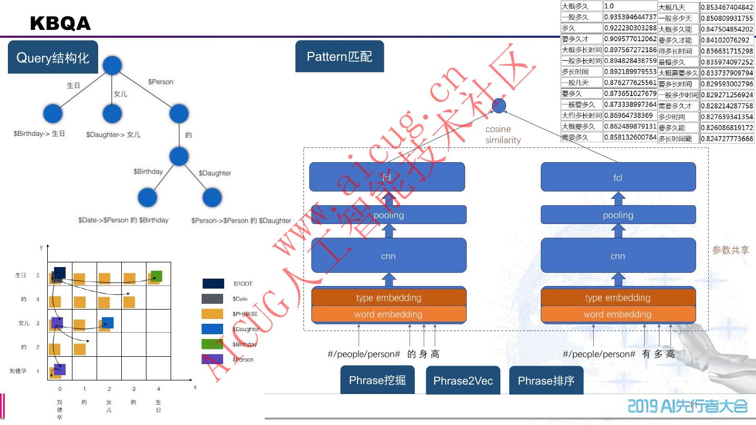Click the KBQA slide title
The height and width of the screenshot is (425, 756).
point(60,24)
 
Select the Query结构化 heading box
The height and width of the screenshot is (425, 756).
point(53,57)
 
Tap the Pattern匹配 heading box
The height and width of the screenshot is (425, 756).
point(340,56)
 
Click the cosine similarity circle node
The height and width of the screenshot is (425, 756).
point(499,106)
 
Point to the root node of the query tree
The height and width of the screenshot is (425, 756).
point(112,66)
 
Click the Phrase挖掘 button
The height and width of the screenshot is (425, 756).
point(377,380)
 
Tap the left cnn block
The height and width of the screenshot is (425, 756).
point(388,256)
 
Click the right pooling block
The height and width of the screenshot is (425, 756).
point(618,215)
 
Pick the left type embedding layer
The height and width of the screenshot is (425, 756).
point(388,297)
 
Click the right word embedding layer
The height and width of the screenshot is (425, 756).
point(618,314)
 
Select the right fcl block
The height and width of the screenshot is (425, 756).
point(618,177)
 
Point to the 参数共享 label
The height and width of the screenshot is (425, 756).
point(730,250)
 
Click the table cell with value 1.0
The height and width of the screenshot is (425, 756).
point(629,6)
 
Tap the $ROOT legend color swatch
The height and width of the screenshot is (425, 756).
point(213,284)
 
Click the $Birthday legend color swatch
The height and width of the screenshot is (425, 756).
point(213,344)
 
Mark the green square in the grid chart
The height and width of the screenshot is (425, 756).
point(156,276)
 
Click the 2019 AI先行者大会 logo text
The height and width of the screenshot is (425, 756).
point(688,406)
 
